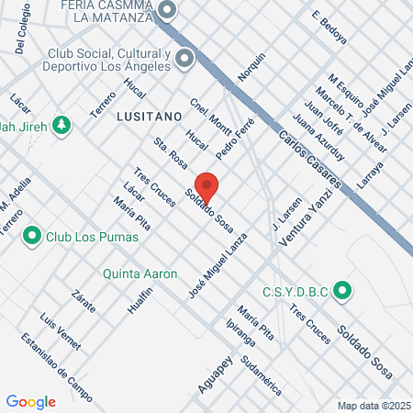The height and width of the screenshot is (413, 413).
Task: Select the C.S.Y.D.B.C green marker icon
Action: pyautogui.click(x=343, y=293)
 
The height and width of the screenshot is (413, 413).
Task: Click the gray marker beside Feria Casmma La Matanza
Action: pyautogui.click(x=167, y=11)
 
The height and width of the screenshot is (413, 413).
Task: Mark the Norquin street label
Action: pyautogui.click(x=251, y=67)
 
